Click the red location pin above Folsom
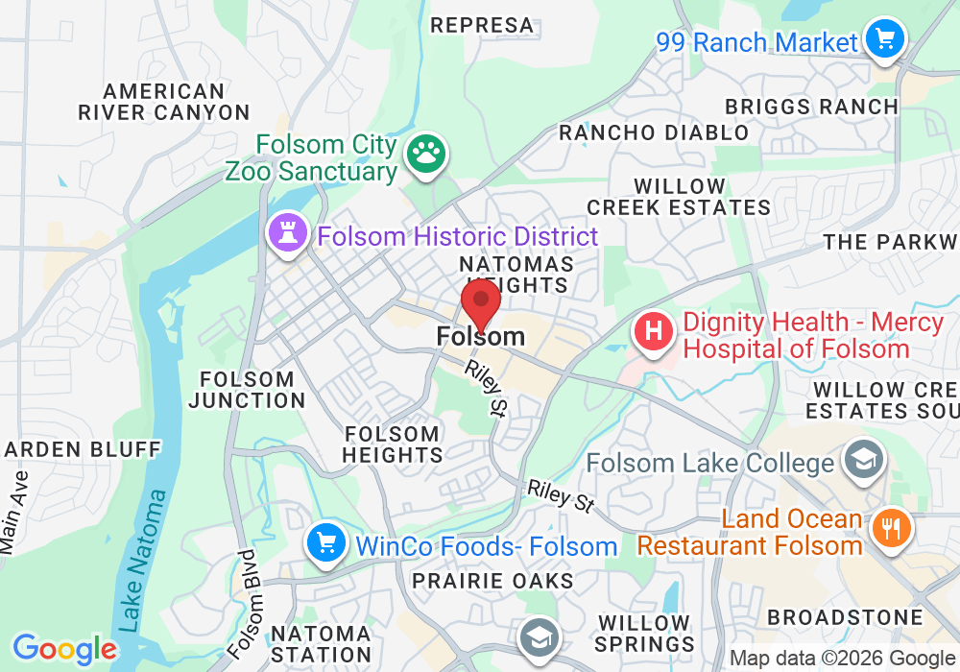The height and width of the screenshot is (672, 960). (481, 303)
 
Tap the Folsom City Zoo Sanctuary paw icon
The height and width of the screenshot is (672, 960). (422, 153)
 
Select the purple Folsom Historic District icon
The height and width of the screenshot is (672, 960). (287, 232)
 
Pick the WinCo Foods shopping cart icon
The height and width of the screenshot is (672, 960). (326, 544)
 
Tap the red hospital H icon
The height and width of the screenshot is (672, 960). (653, 333)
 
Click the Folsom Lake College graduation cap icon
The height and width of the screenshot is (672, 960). (863, 461)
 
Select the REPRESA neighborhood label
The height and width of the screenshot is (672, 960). (482, 25)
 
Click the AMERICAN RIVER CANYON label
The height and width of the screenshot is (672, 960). (164, 102)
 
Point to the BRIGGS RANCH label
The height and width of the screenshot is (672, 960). (811, 106)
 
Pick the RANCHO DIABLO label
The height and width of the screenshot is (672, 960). (654, 132)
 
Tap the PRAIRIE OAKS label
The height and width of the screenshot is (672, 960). (492, 581)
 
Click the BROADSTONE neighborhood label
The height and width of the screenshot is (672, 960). (845, 617)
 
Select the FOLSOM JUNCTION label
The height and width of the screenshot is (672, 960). (247, 389)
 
